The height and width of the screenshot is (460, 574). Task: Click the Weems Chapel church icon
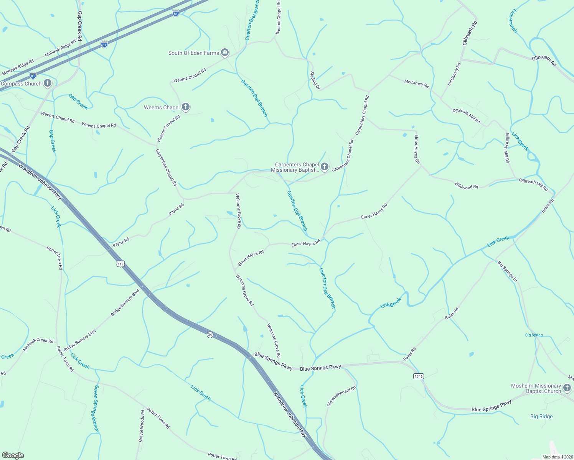pos(186,107)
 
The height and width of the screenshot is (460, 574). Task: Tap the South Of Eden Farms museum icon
pos(225,53)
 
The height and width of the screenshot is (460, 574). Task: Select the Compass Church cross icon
pos(48,83)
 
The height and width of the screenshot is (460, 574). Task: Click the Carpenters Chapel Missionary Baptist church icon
pos(325,167)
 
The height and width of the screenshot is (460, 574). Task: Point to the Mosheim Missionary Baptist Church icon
pos(567,388)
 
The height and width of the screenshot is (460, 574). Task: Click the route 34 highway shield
pos(209,335)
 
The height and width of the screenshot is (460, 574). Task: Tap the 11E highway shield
pos(120,264)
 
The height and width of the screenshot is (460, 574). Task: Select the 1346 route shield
pos(418,376)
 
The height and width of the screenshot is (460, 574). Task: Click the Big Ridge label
pos(541,416)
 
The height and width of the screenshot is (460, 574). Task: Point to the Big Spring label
pos(534,335)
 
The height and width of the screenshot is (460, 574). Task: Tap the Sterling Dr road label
pos(315,80)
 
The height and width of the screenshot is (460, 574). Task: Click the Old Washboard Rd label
pos(341,396)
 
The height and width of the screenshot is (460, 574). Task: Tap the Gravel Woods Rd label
pos(142,426)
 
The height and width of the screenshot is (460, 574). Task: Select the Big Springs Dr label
pos(507,271)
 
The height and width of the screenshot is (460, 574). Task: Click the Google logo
pos(13,455)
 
